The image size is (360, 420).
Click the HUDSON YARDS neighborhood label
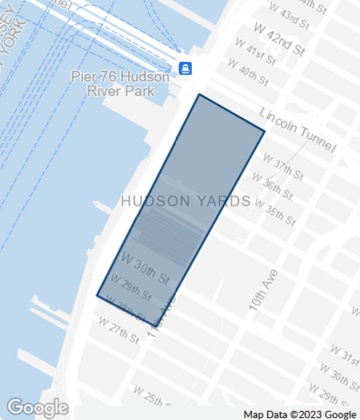point(186,201)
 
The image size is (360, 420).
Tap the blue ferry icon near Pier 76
point(185,68)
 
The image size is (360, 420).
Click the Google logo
point(37,407)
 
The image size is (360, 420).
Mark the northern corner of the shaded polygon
point(199,95)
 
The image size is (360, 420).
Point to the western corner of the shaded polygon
point(97,296)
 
